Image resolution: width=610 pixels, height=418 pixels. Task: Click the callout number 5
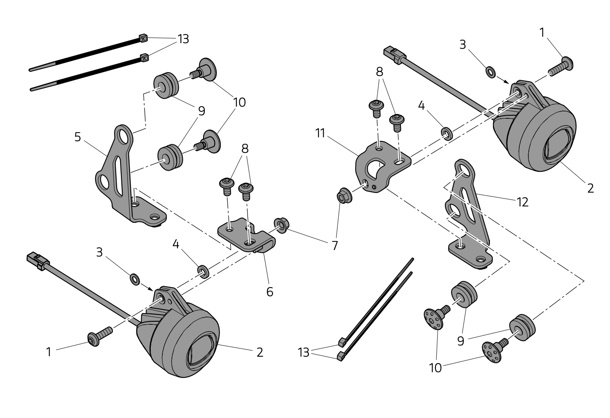(x=78, y=137)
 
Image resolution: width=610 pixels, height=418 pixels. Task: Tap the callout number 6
(x=270, y=292)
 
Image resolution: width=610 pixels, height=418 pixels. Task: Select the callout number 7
(x=335, y=246)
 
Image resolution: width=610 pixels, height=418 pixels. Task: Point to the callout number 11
(x=320, y=133)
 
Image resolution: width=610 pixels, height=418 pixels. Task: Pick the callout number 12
(x=523, y=202)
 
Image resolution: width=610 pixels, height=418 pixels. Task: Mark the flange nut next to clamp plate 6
(x=282, y=225)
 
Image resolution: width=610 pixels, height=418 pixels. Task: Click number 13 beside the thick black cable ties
(x=183, y=39)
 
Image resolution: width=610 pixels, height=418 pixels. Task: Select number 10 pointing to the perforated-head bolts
(x=435, y=368)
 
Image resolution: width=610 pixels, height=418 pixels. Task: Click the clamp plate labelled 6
(x=246, y=235)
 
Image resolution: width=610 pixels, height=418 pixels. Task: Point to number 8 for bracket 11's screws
(x=379, y=72)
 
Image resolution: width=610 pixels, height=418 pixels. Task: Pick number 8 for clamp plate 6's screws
(x=245, y=149)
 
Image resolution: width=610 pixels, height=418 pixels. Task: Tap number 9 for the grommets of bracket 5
(x=201, y=111)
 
